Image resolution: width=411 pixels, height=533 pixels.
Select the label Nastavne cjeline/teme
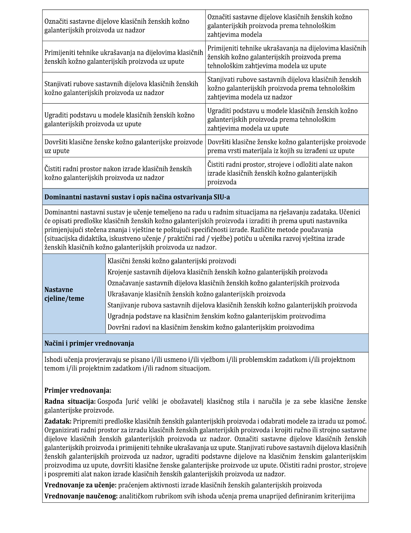click(x=64, y=294)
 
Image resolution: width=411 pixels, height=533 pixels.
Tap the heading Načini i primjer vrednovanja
click(x=89, y=343)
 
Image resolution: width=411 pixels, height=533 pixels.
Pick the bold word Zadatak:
click(x=58, y=421)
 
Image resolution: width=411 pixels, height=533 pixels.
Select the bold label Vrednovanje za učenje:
click(x=80, y=485)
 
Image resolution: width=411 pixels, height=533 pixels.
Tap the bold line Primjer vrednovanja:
click(x=78, y=390)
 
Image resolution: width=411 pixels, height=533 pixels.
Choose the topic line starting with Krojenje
click(x=217, y=272)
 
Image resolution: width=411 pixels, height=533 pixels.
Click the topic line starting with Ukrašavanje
click(x=196, y=294)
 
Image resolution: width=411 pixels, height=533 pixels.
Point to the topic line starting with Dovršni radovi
click(x=211, y=327)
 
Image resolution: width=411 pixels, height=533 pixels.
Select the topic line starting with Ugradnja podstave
click(x=216, y=316)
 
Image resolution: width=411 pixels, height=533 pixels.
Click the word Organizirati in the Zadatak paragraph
click(x=61, y=430)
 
